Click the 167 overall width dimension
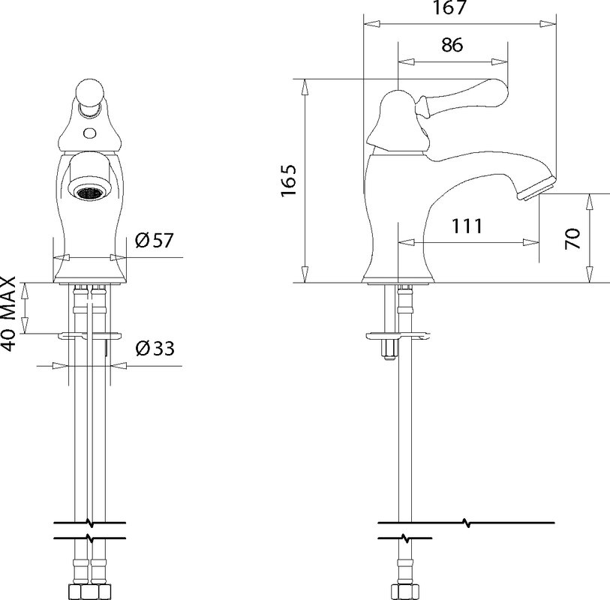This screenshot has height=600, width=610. click(x=449, y=7)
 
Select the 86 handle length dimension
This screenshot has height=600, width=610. click(x=452, y=45)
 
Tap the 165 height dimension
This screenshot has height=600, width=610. click(x=289, y=181)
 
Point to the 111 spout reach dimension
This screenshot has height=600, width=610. click(x=467, y=226)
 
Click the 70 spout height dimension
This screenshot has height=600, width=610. click(x=572, y=238)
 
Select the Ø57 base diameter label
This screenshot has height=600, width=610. click(x=154, y=240)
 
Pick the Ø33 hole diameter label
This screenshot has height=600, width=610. click(x=155, y=349)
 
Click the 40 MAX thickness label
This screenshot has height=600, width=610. click(x=8, y=314)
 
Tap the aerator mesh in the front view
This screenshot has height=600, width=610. click(x=89, y=193)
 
